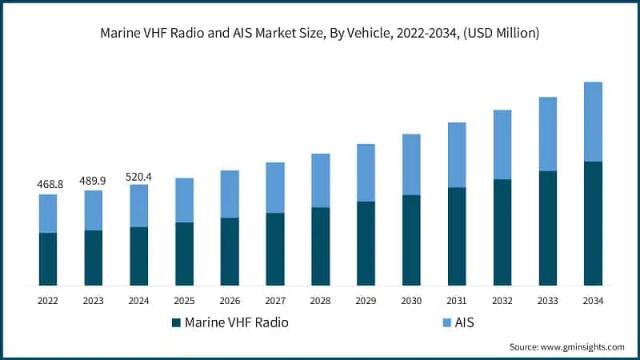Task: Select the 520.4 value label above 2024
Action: (x=139, y=175)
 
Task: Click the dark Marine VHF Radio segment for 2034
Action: (x=593, y=223)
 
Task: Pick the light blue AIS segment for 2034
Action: (x=593, y=122)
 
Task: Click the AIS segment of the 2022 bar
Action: (x=48, y=214)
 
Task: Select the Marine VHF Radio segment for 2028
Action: (x=320, y=246)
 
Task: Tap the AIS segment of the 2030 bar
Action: (x=411, y=165)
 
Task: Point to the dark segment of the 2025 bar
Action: (x=184, y=254)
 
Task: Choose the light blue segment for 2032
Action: (x=502, y=145)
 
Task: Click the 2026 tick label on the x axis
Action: (x=230, y=301)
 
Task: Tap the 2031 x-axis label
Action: (x=457, y=301)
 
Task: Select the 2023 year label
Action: (x=94, y=301)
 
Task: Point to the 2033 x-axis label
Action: (x=547, y=301)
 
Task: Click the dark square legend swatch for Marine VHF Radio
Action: (x=176, y=323)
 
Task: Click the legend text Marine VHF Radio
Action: (x=236, y=323)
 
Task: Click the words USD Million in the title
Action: (x=506, y=34)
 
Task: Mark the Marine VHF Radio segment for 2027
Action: (x=275, y=249)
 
